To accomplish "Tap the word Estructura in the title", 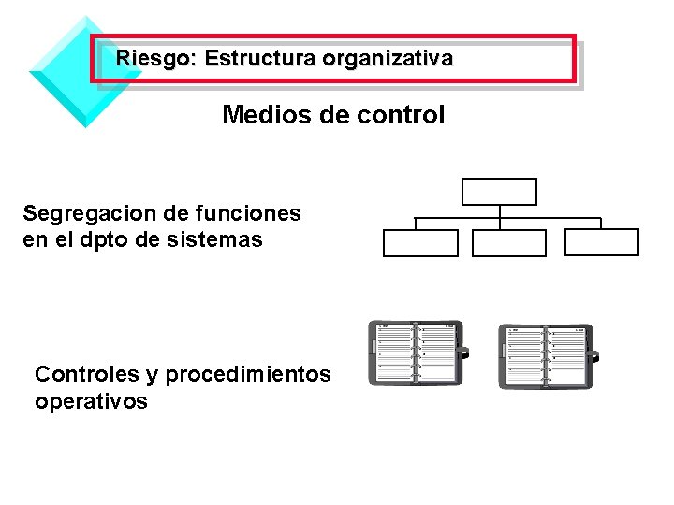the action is (x=260, y=59).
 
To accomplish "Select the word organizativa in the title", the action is (x=388, y=59).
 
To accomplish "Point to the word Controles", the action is (x=85, y=375).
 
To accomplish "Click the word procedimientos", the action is (x=248, y=375).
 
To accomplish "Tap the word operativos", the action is (x=91, y=402).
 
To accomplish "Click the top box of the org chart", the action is (x=500, y=192).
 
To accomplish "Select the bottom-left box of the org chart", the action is (x=420, y=243).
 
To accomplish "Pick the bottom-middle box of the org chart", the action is (x=508, y=243).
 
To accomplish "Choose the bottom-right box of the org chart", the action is (x=603, y=242).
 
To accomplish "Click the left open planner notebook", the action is (x=416, y=353).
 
